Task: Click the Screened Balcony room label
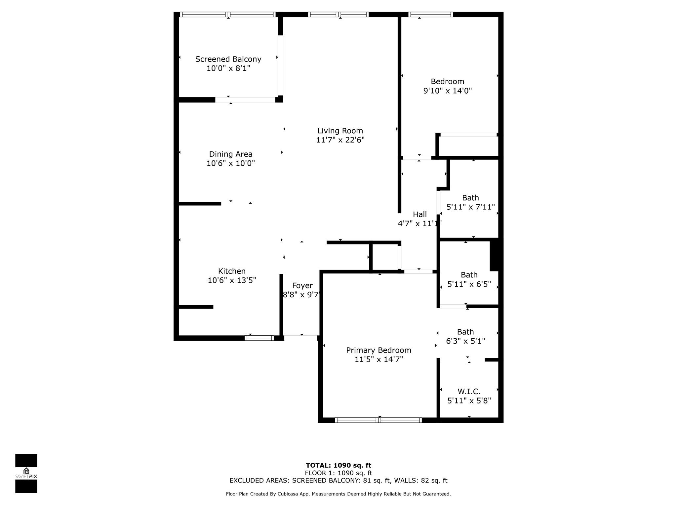click(x=228, y=59)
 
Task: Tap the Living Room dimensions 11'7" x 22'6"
click(x=340, y=140)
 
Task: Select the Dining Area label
click(x=230, y=154)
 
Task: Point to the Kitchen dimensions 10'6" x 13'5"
click(x=232, y=280)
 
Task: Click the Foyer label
click(x=302, y=285)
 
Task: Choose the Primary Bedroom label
click(x=378, y=350)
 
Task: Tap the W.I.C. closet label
click(x=469, y=392)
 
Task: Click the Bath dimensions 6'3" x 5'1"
click(x=465, y=341)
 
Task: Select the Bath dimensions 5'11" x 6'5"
click(x=469, y=284)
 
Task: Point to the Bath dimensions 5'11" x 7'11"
click(x=470, y=207)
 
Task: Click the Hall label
click(x=419, y=214)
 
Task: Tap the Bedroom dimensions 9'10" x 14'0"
click(x=447, y=91)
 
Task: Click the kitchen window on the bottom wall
click(x=259, y=338)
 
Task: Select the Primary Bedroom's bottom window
click(x=378, y=420)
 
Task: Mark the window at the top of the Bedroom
click(x=430, y=14)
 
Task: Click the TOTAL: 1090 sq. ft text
click(x=338, y=466)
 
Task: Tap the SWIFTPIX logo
click(x=26, y=473)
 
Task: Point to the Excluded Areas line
click(x=338, y=481)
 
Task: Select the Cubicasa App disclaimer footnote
click(x=338, y=494)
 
